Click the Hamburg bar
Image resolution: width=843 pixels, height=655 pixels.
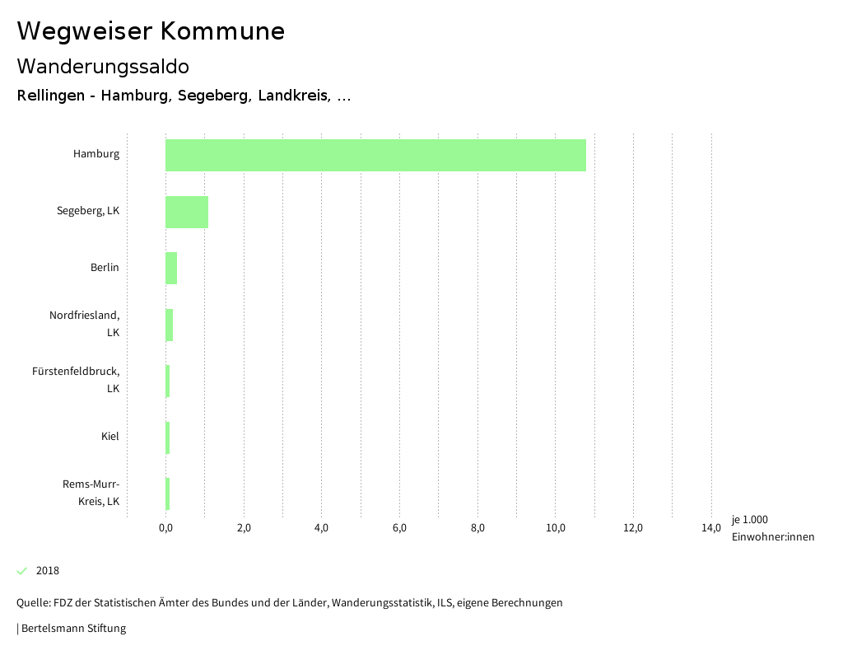(375, 155)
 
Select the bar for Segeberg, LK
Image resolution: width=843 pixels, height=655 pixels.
(187, 212)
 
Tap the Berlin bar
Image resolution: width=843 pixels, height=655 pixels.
(171, 268)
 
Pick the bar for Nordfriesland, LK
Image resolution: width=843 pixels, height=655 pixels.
(169, 325)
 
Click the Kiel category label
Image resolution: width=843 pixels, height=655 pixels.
(109, 436)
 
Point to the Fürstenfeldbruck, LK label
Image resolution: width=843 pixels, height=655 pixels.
(76, 380)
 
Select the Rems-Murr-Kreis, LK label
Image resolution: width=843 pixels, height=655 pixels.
(91, 492)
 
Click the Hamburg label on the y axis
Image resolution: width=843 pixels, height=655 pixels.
(95, 153)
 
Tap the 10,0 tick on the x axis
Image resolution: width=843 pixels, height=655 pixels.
(555, 528)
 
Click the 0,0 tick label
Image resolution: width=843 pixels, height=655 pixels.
(165, 528)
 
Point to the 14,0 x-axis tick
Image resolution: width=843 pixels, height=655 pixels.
(711, 528)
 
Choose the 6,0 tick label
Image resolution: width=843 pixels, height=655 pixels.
(399, 528)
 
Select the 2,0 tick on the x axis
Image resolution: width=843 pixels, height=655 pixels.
(244, 528)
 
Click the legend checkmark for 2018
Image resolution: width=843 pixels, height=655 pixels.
(22, 571)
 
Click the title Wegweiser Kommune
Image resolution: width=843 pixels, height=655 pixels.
(151, 31)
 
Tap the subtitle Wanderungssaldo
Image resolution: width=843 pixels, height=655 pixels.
(103, 66)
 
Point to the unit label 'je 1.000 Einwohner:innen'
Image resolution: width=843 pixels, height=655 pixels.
(772, 528)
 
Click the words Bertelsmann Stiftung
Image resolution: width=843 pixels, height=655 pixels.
(73, 628)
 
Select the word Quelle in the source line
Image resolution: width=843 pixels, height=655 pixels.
(33, 602)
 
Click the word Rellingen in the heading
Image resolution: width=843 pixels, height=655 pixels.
(51, 96)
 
